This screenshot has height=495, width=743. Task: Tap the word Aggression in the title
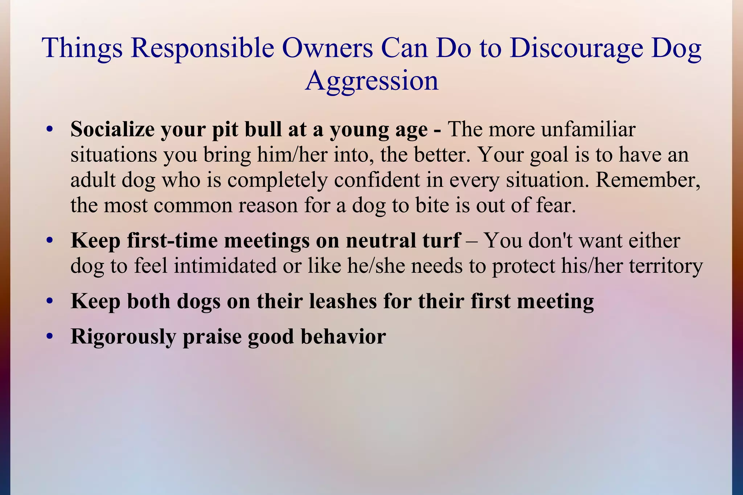pos(371,81)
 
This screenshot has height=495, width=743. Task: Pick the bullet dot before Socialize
pos(50,129)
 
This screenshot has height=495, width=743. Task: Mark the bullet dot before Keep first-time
pos(50,241)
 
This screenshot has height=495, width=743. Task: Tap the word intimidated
pos(225,266)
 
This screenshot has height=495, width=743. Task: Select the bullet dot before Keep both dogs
pos(50,301)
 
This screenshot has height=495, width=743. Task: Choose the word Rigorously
pos(123,337)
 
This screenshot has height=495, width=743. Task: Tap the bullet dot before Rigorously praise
pos(50,337)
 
